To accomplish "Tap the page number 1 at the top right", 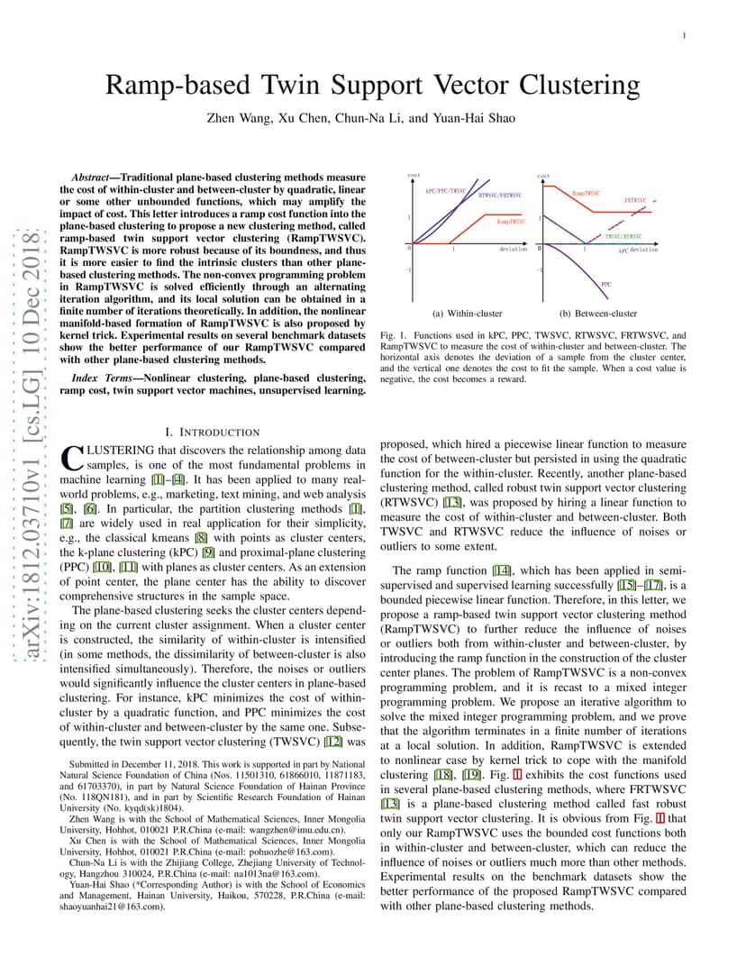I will click(685, 36).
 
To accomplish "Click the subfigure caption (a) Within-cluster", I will click(468, 314).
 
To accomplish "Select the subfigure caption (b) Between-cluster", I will click(598, 314).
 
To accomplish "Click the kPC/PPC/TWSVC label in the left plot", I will click(446, 191).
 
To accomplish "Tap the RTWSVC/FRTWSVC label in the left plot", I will click(500, 196).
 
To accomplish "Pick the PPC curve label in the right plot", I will click(606, 283).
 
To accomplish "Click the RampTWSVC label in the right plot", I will click(587, 193).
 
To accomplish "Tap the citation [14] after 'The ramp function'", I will click(501, 570).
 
